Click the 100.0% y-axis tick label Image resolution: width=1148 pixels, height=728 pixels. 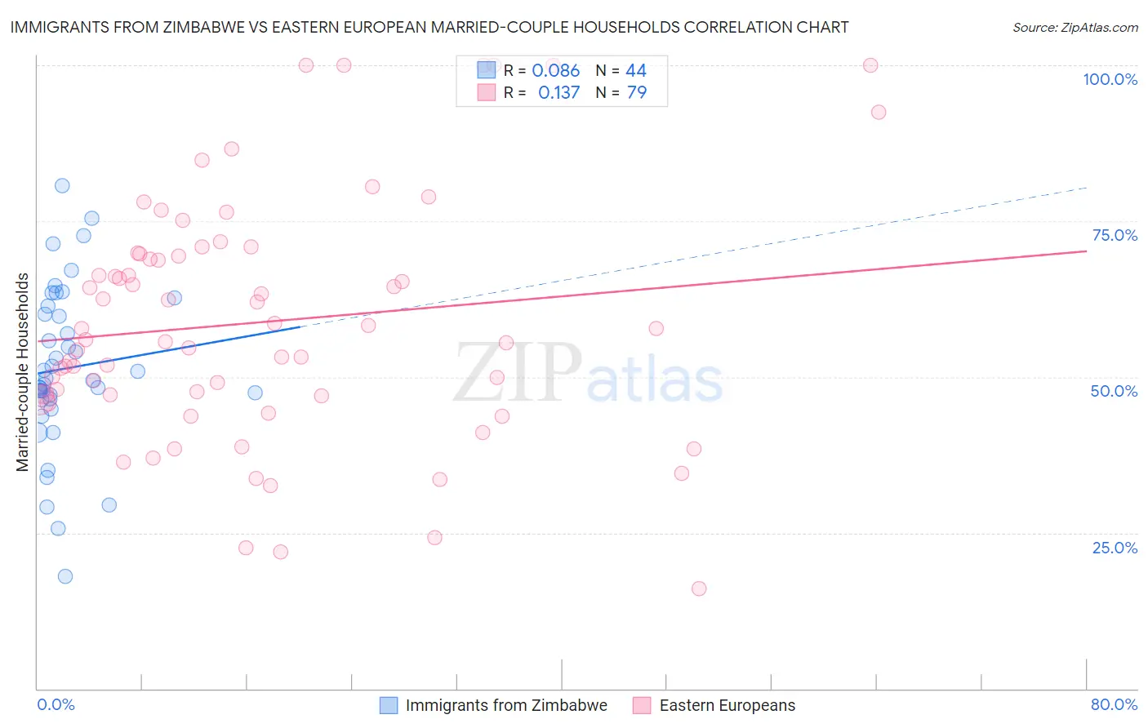point(1110,79)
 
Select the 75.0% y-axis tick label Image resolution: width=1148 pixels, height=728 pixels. point(1115,235)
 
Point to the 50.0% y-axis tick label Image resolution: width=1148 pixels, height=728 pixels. point(1114,391)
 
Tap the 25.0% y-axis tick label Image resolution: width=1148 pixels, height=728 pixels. point(1115,548)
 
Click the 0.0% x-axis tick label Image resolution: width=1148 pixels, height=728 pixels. point(56,704)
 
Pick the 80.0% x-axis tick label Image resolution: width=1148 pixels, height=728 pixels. point(1114,704)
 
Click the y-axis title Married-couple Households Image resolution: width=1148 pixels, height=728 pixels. point(23,372)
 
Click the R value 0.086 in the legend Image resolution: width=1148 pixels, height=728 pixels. point(555,71)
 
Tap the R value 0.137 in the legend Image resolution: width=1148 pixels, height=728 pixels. point(558,93)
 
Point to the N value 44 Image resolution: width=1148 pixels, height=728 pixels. point(635,71)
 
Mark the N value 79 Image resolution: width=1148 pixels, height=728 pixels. point(636,93)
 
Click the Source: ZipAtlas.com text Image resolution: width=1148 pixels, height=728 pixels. point(1075,28)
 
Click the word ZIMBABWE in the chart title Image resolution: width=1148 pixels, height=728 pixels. point(216,28)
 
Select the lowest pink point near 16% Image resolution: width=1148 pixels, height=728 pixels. point(699,588)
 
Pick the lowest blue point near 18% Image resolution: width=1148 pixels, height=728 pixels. point(65,576)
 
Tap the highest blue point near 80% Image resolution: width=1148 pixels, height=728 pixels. point(62,185)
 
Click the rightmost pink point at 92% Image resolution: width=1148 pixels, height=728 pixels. point(879,113)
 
